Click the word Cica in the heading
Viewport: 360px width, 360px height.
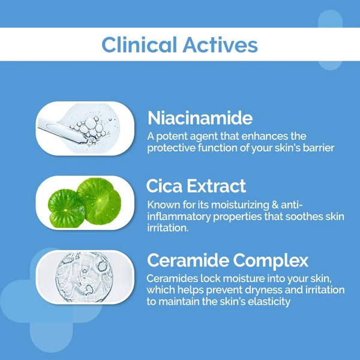pyautogui.click(x=166, y=185)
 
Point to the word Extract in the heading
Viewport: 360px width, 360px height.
pyautogui.click(x=218, y=185)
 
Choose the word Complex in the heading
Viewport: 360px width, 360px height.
pyautogui.click(x=278, y=260)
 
